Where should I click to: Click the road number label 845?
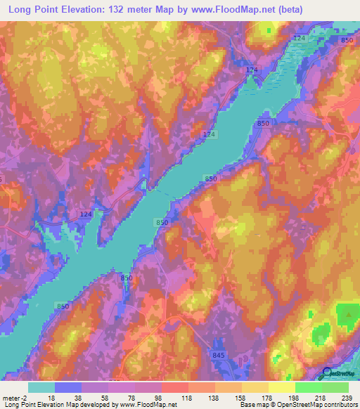coord(219,356)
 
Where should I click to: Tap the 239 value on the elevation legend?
coord(347,397)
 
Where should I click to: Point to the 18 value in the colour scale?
coord(51,397)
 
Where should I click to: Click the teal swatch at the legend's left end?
coord(41,387)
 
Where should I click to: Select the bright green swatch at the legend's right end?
coord(335,387)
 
